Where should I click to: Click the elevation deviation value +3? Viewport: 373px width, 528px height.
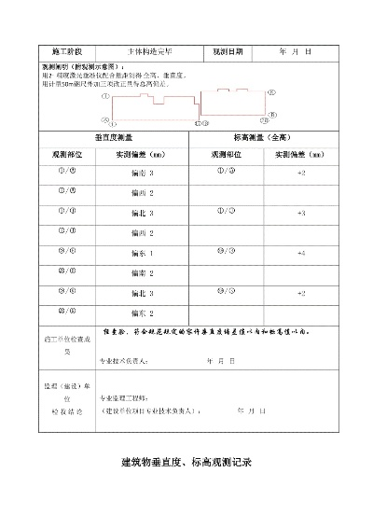click(301, 214)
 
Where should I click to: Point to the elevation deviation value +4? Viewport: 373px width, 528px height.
click(301, 253)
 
